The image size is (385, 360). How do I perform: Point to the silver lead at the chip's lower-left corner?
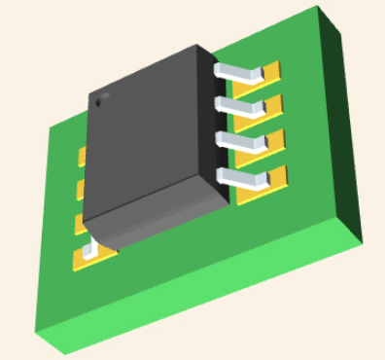tap(91, 250)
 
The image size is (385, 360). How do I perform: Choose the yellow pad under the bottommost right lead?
tap(277, 177)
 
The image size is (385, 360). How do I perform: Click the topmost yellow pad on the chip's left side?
tap(82, 154)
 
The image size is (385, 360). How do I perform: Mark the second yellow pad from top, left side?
tap(81, 188)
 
